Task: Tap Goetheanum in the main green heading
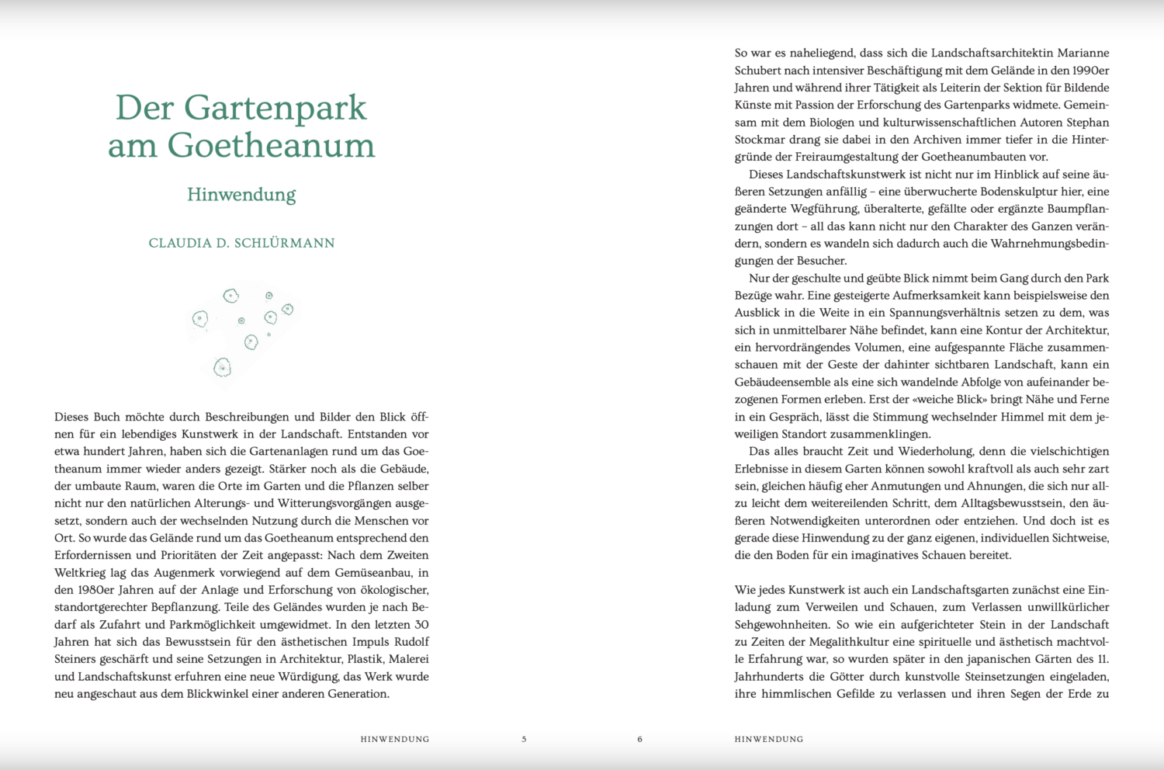click(x=272, y=145)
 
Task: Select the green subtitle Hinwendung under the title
click(x=241, y=194)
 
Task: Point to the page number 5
click(x=524, y=739)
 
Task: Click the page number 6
click(x=639, y=739)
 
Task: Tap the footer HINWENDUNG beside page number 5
click(x=394, y=739)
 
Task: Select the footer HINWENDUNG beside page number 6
click(x=768, y=739)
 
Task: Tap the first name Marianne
click(x=1083, y=53)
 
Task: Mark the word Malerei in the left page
click(x=408, y=659)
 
